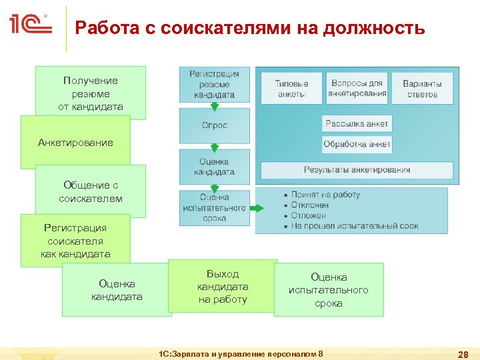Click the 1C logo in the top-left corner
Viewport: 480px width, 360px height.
30,25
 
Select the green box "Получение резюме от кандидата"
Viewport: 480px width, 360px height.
91,93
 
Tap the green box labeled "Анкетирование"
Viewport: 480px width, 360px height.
75,143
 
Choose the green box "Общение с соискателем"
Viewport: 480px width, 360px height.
91,191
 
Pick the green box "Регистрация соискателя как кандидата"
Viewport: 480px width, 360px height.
75,241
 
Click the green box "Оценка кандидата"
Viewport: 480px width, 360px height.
117,290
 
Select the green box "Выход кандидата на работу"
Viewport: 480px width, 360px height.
223,287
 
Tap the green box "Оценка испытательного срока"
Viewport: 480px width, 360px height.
328,290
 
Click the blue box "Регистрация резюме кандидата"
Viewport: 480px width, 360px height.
214,84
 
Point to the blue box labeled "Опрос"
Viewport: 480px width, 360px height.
214,125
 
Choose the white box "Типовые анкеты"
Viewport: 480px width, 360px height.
291,89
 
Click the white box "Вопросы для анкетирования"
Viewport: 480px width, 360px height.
357,88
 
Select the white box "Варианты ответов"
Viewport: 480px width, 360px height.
422,89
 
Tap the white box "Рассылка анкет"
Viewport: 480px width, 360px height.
357,123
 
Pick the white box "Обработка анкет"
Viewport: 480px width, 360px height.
357,144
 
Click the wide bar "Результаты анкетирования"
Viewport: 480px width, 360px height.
357,170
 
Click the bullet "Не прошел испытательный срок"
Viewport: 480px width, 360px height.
354,226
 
